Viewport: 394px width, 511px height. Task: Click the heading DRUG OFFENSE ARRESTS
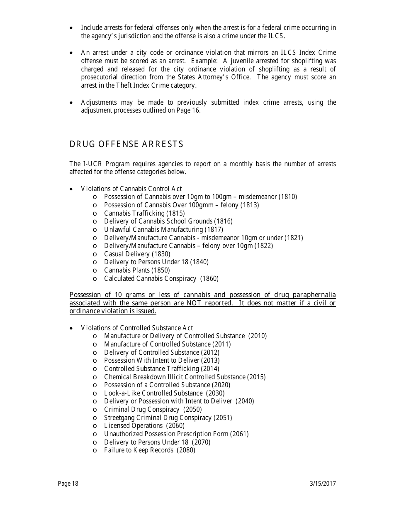[x=126, y=144]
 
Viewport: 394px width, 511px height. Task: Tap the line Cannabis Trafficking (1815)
[x=144, y=213]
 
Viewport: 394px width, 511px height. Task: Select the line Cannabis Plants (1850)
[x=137, y=270]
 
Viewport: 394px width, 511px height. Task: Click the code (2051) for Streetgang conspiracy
[x=223, y=418]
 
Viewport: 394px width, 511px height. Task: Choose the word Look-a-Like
[x=122, y=393]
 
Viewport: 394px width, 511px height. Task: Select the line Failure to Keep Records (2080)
[x=149, y=450]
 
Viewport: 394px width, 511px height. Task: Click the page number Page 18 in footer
[x=68, y=483]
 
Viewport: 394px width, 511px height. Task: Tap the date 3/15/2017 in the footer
[x=323, y=483]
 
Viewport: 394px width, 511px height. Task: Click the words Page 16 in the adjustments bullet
[x=187, y=111]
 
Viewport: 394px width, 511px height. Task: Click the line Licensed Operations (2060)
[x=144, y=425]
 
